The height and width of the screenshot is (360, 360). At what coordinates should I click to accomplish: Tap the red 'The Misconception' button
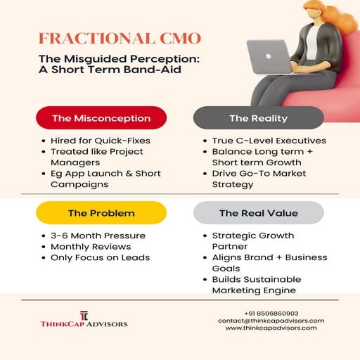tap(101, 118)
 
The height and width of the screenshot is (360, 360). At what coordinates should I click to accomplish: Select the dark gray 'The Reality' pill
tap(258, 118)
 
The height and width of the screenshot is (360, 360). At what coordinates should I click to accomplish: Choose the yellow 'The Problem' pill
tap(101, 212)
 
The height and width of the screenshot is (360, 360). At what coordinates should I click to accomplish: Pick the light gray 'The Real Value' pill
tap(258, 212)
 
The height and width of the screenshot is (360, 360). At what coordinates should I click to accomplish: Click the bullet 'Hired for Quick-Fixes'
tap(100, 141)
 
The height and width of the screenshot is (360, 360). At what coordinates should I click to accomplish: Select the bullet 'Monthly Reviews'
tap(90, 247)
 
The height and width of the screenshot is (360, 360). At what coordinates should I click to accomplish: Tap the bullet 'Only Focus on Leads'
tap(100, 258)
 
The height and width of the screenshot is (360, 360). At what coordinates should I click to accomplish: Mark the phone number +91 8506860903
tap(271, 313)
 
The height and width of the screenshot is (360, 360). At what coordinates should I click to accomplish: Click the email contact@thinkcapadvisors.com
tap(271, 321)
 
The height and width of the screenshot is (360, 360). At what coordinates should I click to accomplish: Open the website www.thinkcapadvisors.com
tap(271, 328)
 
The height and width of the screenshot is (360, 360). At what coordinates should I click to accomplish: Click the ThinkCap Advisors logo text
tap(83, 324)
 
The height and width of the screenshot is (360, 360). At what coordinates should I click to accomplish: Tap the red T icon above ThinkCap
tap(83, 314)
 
